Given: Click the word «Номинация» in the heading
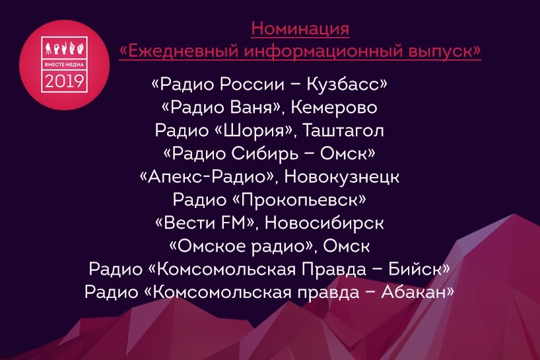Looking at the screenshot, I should coord(300,30).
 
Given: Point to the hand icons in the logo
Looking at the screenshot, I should coord(65,48).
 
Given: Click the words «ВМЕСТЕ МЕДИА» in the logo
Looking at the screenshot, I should coord(65,65).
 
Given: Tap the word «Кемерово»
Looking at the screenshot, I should coord(338,107).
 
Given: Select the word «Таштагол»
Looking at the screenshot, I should coord(344,130).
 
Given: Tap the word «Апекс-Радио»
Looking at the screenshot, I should coord(215,176).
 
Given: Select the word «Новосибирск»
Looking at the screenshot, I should coord(337,223).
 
